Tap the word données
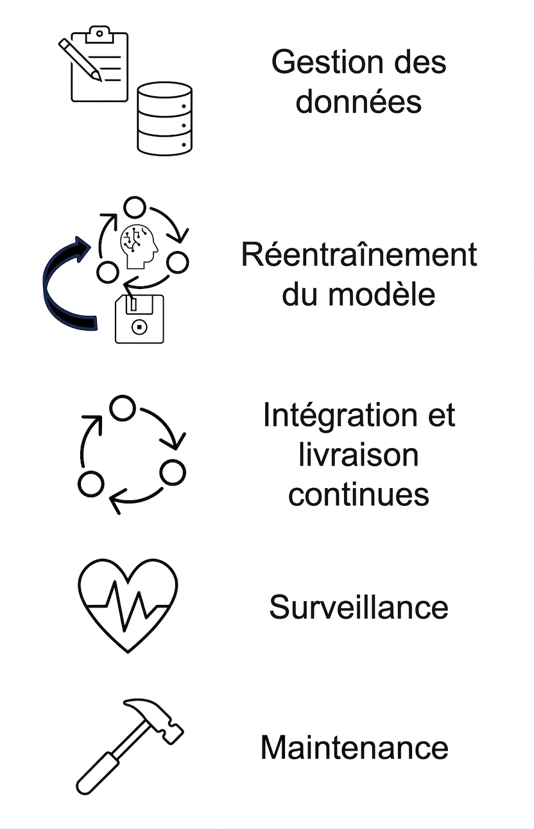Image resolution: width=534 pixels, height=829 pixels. (359, 101)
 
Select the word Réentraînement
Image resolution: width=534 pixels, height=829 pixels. (359, 254)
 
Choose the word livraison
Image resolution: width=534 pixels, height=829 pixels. (358, 455)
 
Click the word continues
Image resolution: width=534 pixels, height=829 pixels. (359, 494)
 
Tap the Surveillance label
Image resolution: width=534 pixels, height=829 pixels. (359, 607)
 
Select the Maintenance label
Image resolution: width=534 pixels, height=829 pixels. (354, 747)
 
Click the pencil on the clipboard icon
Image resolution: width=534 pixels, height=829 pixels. (80, 59)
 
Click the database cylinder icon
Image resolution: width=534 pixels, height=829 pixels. (164, 118)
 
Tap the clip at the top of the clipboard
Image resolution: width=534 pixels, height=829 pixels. (99, 35)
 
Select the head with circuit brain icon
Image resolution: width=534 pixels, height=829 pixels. (138, 246)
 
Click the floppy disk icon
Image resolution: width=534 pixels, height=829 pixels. (139, 319)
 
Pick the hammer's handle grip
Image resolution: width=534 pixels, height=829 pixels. (97, 772)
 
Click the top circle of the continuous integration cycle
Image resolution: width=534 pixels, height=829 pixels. (123, 408)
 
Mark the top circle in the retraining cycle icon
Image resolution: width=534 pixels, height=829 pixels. (134, 207)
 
